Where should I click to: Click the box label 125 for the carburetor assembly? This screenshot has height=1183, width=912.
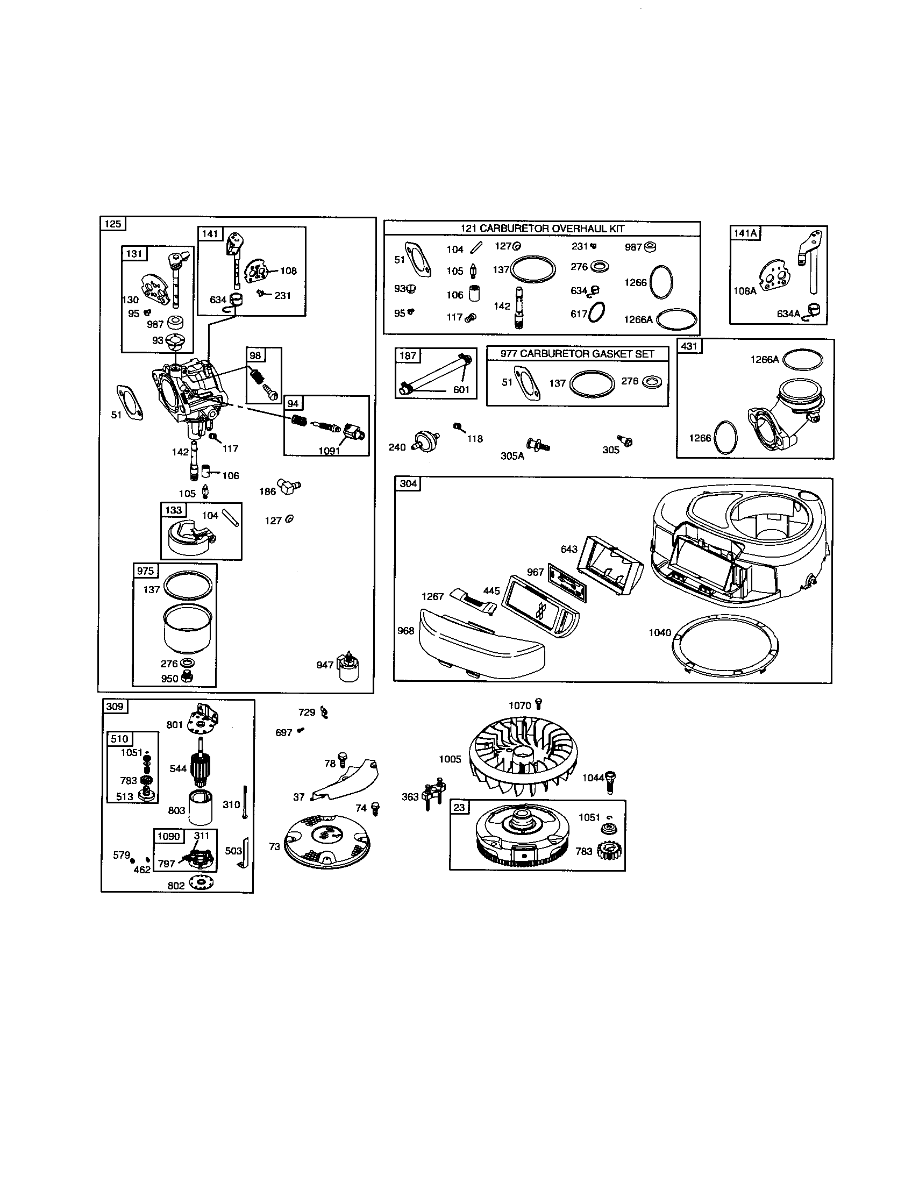112,224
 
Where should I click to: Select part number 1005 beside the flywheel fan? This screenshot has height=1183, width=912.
450,759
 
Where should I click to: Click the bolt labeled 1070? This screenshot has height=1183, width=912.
538,703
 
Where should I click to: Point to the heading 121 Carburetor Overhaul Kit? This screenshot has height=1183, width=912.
542,229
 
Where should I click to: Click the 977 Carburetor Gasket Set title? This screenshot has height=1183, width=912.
578,354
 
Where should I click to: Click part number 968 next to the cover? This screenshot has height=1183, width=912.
405,631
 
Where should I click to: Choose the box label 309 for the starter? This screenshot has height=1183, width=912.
115,707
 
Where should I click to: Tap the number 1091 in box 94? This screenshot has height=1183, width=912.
329,451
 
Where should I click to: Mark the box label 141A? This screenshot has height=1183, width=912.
745,233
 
